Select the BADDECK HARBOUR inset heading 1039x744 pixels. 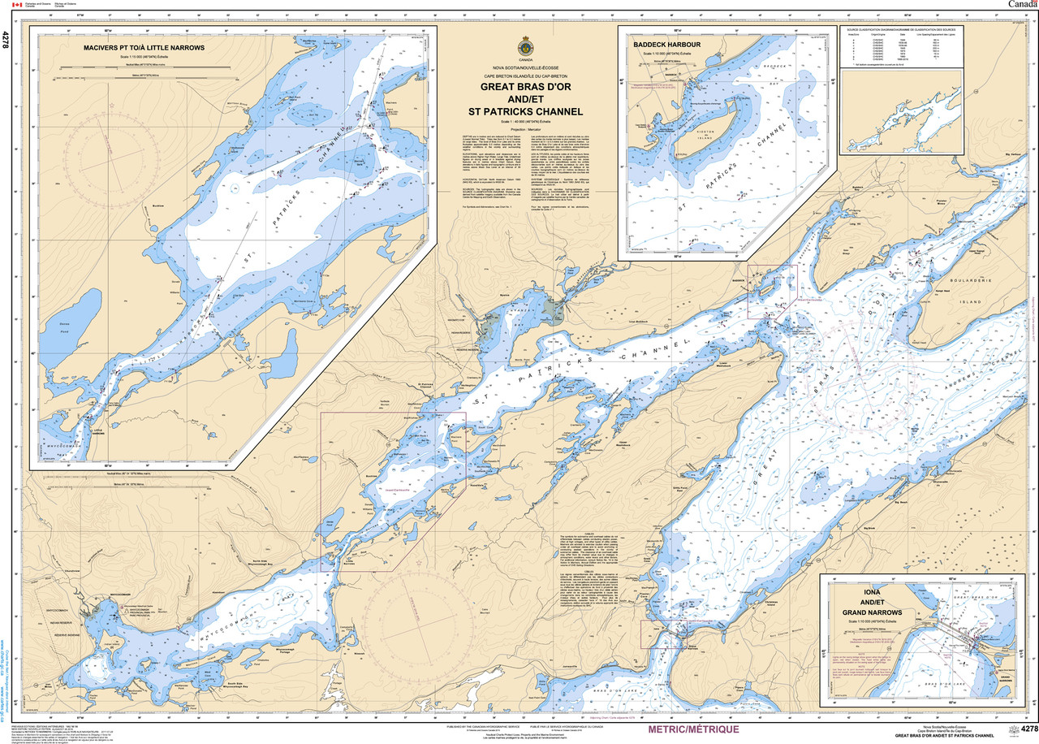pyautogui.click(x=668, y=44)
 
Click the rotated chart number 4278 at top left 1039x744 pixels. pyautogui.click(x=7, y=41)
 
